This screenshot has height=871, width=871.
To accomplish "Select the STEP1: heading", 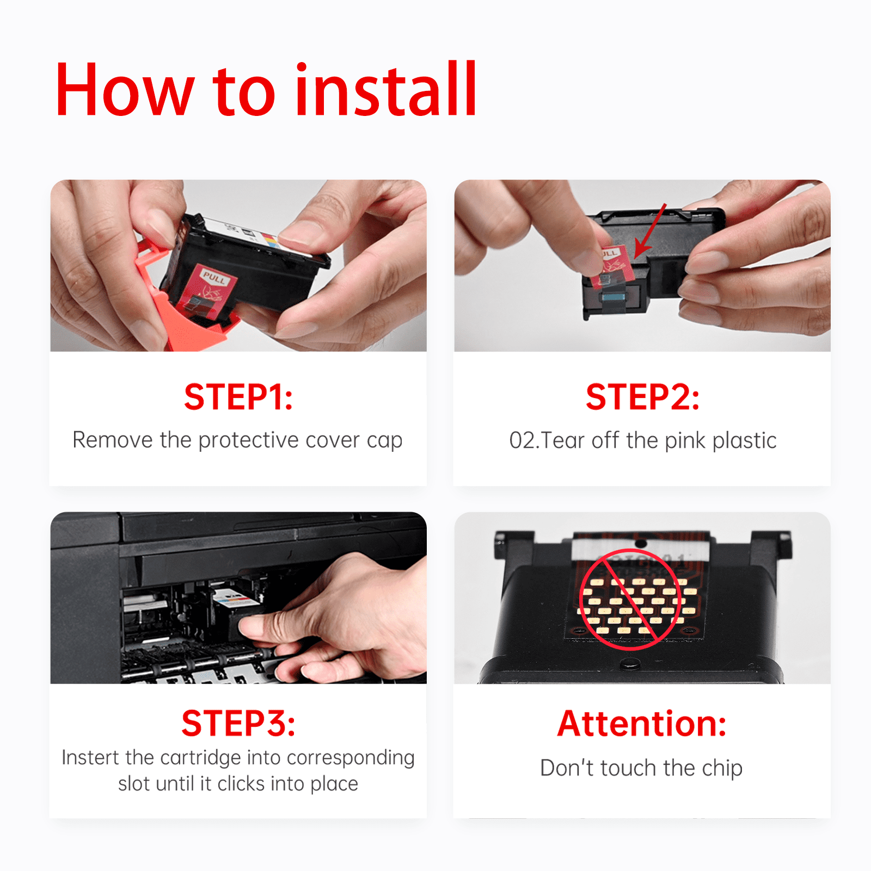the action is click(238, 397).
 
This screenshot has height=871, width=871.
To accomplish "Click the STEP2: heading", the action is click(642, 397).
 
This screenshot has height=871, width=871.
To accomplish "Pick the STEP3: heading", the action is click(238, 723).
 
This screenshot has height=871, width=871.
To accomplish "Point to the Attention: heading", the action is click(642, 723).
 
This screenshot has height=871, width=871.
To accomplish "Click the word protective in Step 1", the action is click(249, 440).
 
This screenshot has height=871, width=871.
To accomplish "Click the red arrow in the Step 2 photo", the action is click(650, 231).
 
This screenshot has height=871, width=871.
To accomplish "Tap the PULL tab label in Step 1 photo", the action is click(214, 278).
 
